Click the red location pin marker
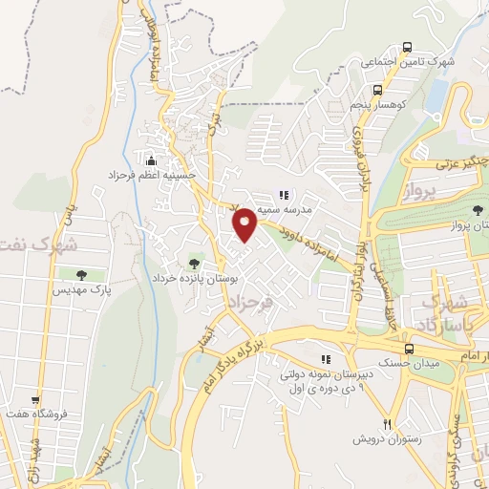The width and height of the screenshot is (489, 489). (244, 223)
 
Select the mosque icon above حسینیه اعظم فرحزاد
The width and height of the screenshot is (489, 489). (151, 159)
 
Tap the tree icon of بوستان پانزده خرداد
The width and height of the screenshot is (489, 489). (195, 261)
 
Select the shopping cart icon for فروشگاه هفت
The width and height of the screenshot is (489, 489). (36, 400)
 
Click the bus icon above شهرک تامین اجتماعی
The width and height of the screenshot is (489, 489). (408, 46)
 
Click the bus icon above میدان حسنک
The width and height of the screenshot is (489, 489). (408, 349)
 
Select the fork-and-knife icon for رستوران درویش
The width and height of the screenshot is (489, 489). (387, 423)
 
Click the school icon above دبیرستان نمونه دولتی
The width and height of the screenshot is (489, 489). (327, 359)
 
